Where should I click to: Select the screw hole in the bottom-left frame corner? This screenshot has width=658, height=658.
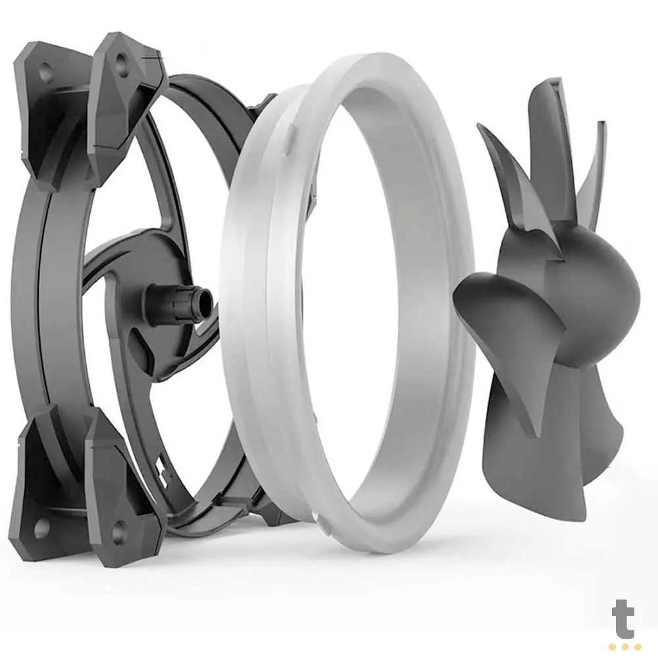click(41, 526)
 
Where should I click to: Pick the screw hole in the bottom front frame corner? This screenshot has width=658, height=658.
click(119, 528)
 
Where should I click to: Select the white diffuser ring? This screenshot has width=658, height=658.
click(349, 303)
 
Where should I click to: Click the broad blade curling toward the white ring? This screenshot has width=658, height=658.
click(507, 309)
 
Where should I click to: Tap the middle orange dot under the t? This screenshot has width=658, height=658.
click(624, 647)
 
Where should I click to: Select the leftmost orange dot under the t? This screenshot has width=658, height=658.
click(613, 647)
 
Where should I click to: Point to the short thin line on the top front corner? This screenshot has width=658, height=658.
click(153, 61)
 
